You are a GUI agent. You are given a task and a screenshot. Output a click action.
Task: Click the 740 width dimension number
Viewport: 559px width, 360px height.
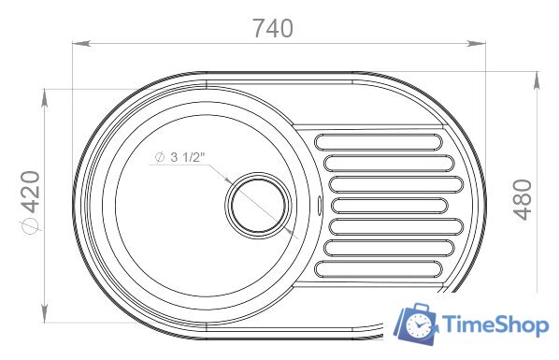coord(273,28)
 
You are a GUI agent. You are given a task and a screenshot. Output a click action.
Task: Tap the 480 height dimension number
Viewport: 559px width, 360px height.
coord(523,200)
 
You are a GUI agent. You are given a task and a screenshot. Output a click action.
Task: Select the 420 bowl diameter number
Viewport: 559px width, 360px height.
coord(30,192)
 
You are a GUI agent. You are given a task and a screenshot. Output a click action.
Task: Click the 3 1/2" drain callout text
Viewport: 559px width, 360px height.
coord(188,157)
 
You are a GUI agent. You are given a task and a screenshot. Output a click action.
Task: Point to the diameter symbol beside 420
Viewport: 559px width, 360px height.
coord(30,226)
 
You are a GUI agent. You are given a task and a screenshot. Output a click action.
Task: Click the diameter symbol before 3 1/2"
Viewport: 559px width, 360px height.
coord(160,157)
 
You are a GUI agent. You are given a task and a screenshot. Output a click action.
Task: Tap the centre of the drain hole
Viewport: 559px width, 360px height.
coord(258,206)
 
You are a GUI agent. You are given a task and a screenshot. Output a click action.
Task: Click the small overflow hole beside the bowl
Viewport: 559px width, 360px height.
coord(319,206)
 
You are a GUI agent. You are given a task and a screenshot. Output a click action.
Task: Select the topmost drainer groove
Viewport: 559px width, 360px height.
coord(379,142)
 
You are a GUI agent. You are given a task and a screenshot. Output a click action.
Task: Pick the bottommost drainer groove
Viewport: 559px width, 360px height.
coord(379,268)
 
